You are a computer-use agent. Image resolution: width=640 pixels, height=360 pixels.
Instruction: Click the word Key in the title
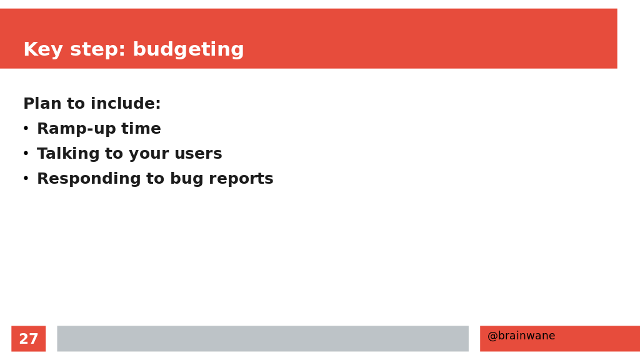pos(43,50)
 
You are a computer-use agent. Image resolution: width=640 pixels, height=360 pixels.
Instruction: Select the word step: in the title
pos(97,49)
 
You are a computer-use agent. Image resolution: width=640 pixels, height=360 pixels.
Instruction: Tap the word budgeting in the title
pos(188,50)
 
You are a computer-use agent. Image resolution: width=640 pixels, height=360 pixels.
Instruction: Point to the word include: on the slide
pos(126,103)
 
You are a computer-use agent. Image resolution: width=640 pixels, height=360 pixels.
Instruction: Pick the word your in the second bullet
pos(149,155)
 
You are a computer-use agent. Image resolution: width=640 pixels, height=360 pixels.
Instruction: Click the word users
pos(198,154)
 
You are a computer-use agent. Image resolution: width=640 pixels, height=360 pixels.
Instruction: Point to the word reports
pos(241,179)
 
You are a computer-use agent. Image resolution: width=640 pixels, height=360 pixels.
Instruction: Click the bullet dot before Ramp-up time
pos(26,129)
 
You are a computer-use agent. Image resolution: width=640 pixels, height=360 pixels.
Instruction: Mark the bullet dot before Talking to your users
pos(26,154)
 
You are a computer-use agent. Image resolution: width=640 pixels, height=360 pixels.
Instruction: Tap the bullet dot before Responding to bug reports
pos(26,178)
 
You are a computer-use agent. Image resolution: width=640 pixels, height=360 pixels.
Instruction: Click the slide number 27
pos(29,339)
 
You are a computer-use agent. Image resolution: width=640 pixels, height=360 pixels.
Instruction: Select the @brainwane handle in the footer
pos(521,336)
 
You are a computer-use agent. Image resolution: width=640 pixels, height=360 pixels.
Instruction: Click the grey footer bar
pos(263,338)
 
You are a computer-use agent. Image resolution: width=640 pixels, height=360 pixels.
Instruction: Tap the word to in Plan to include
pos(76,104)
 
